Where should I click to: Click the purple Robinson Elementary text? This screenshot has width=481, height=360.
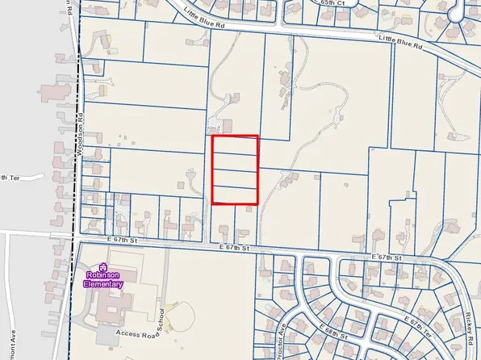pyautogui.click(x=104, y=279)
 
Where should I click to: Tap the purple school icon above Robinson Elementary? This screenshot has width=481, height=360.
pyautogui.click(x=103, y=267)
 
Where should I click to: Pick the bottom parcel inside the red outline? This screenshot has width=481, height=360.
pyautogui.click(x=235, y=195)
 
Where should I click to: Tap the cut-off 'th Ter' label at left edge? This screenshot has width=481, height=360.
pyautogui.click(x=8, y=177)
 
